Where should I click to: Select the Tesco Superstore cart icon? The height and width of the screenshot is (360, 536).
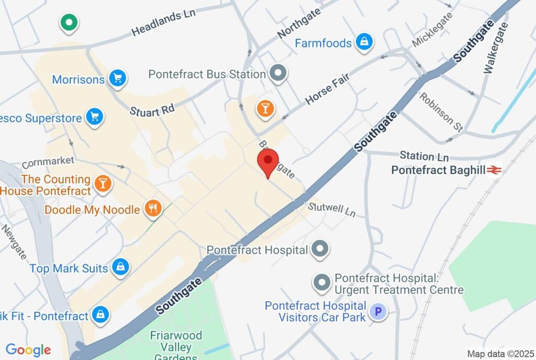point(94,118)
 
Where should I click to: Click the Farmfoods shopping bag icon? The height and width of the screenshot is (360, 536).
point(364,42)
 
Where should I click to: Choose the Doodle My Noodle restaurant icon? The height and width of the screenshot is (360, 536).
point(153,209)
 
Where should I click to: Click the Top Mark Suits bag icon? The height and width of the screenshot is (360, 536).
point(121,268)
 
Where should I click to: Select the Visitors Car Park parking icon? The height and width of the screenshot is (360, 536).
point(377,312)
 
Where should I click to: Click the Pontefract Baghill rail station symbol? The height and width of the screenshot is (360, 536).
point(494,170)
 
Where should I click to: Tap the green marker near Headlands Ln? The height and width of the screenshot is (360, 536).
point(69,22)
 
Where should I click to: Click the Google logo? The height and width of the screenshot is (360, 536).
point(28,350)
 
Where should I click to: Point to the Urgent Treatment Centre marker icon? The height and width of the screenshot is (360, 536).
point(321,283)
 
